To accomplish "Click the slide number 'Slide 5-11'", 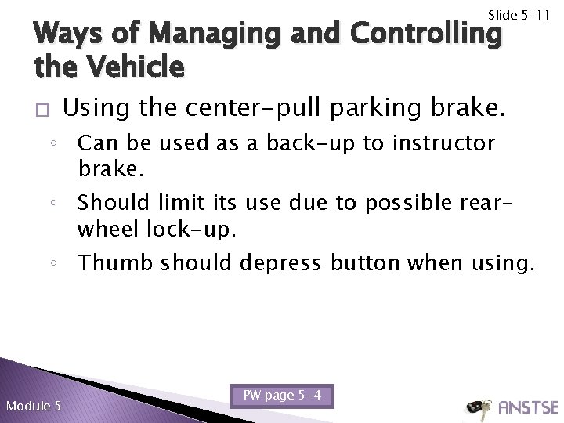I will [x=520, y=15].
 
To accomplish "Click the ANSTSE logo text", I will [x=529, y=407].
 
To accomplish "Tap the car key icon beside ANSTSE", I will [x=479, y=407].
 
